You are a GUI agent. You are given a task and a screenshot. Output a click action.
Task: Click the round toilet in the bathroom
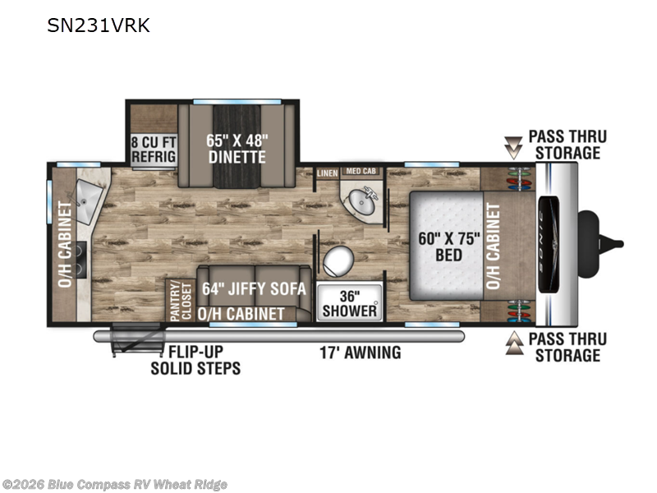tap(336, 262)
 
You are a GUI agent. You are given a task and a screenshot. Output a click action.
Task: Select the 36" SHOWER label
tap(350, 302)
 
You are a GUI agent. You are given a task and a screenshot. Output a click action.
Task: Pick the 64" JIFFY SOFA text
tap(255, 289)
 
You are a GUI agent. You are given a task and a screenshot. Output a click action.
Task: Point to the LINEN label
tap(327, 172)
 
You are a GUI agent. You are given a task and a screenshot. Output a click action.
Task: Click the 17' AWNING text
tap(361, 352)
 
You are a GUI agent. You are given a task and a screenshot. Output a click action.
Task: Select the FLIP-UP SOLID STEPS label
tap(195, 360)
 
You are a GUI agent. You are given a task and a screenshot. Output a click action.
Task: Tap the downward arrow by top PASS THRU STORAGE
tap(513, 146)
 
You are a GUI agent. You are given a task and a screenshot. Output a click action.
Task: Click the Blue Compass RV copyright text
tap(115, 485)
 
